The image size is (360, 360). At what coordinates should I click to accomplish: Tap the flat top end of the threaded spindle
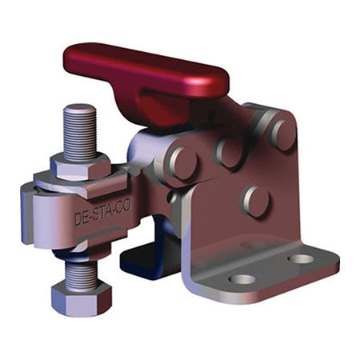pos(79,109)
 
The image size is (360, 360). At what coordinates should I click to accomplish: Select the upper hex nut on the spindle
pos(80,167)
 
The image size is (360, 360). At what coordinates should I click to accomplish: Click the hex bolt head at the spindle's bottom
pos(81,298)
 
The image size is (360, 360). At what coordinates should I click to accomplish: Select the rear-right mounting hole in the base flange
pos(301,258)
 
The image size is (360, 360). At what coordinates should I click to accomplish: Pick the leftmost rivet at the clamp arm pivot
pos(181,162)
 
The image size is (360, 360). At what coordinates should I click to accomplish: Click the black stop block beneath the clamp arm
pos(144,260)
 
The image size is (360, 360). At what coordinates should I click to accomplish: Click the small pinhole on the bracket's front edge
pos(172,194)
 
